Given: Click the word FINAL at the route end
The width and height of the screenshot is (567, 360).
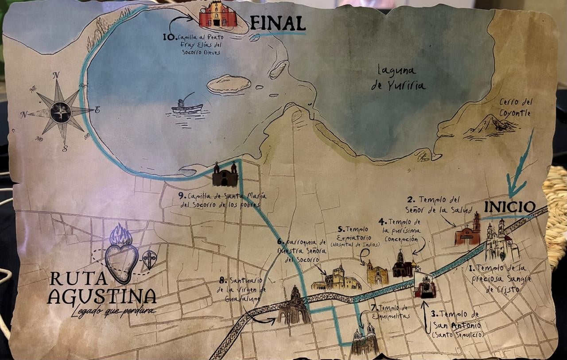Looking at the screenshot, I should [277, 23].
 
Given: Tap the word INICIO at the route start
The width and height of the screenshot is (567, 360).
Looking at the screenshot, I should [509, 207].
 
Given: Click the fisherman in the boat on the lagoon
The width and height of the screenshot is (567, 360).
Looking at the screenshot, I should [187, 105].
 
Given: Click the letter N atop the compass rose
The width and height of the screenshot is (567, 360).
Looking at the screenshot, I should [56, 75].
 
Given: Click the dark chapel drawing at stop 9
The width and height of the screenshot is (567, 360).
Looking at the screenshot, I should [225, 175].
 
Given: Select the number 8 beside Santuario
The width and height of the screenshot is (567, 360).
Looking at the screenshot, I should [222, 280].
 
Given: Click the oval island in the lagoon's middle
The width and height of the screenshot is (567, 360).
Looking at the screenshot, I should [229, 84].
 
